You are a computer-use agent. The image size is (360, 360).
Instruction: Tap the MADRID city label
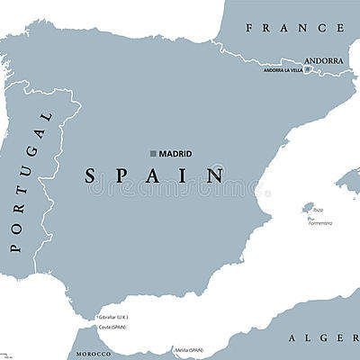tap(176, 153)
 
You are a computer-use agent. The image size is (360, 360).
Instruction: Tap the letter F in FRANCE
tap(252, 28)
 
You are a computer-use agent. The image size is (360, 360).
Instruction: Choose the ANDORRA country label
tap(324, 61)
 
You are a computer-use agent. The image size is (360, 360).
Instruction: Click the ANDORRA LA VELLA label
tap(283, 70)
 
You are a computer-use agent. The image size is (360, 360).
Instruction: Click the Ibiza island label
tap(317, 208)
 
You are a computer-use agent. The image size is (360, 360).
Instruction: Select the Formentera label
tap(319, 222)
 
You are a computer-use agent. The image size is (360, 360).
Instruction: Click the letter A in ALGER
tap(293, 338)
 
